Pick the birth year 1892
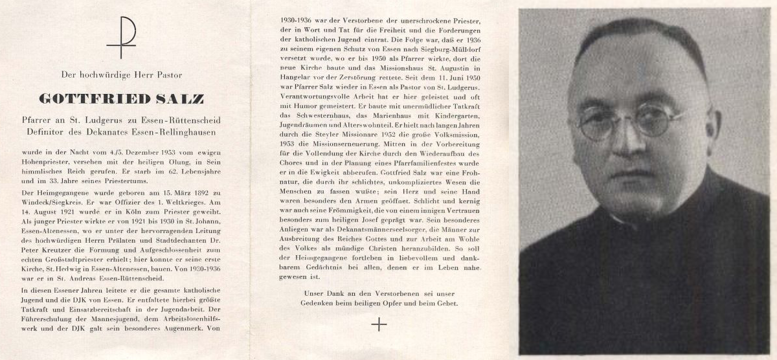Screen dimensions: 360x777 coord(192,194)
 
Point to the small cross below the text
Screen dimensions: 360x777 coord(379,325)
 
